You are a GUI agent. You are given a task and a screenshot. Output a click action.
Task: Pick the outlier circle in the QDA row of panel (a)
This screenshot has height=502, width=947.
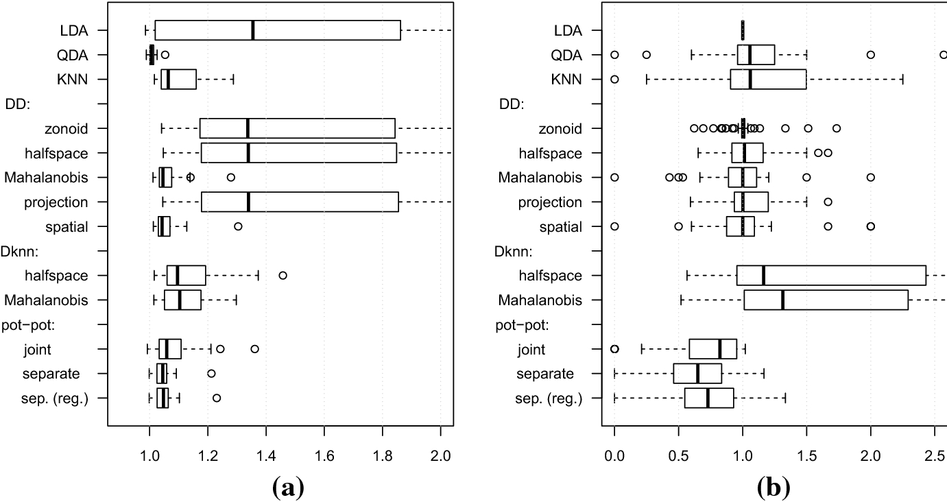[165, 55]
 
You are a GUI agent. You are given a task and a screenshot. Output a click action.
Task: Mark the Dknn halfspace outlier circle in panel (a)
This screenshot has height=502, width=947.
[283, 276]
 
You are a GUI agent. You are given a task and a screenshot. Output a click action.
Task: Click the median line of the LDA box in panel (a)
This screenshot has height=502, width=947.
[253, 30]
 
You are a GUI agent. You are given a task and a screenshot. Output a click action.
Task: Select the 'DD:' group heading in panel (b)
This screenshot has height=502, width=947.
[509, 104]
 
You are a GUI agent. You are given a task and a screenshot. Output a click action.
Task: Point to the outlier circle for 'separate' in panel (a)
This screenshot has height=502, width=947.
[211, 374]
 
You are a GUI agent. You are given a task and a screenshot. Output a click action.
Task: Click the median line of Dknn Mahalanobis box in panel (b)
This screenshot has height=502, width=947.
[782, 300]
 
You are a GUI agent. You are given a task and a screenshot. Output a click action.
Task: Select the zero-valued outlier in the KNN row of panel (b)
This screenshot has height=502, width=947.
[614, 80]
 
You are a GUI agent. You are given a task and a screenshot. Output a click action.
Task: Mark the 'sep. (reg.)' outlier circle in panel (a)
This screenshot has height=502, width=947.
[217, 398]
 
